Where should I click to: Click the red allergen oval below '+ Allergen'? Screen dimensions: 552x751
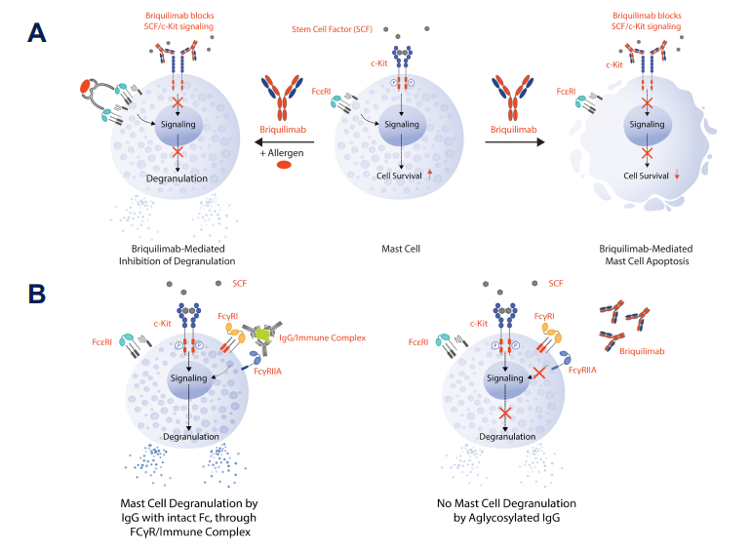click(x=285, y=164)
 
